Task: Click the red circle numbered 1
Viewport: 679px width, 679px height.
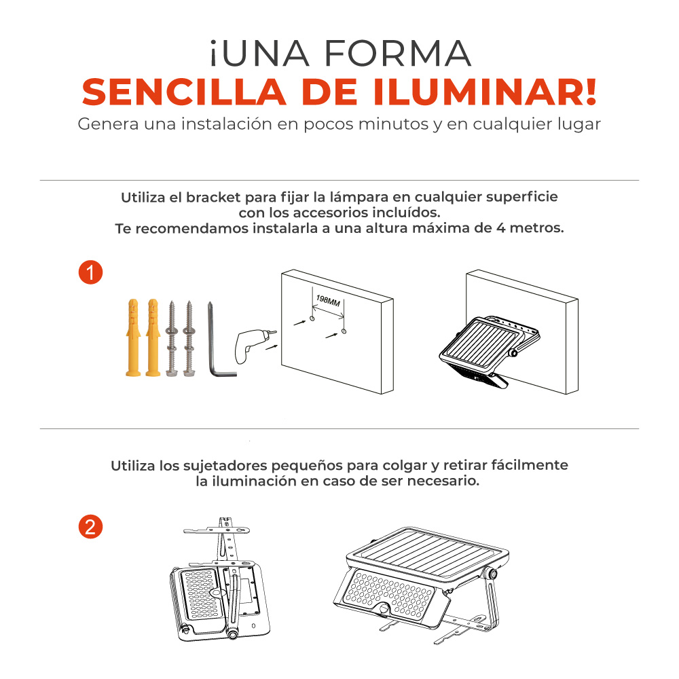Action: click(90, 272)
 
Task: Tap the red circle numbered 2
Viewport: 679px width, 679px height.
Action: click(90, 527)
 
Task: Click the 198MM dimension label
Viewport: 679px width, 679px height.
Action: click(328, 301)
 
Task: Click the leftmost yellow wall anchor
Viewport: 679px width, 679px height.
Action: click(133, 337)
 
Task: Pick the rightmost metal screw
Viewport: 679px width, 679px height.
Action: click(189, 338)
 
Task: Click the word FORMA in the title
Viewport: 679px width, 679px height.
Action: click(397, 54)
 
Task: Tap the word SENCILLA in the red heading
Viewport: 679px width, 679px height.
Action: click(184, 92)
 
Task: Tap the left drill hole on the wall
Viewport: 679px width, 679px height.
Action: click(312, 318)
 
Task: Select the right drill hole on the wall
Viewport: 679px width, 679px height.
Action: click(344, 331)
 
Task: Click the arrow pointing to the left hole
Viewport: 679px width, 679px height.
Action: click(300, 322)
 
